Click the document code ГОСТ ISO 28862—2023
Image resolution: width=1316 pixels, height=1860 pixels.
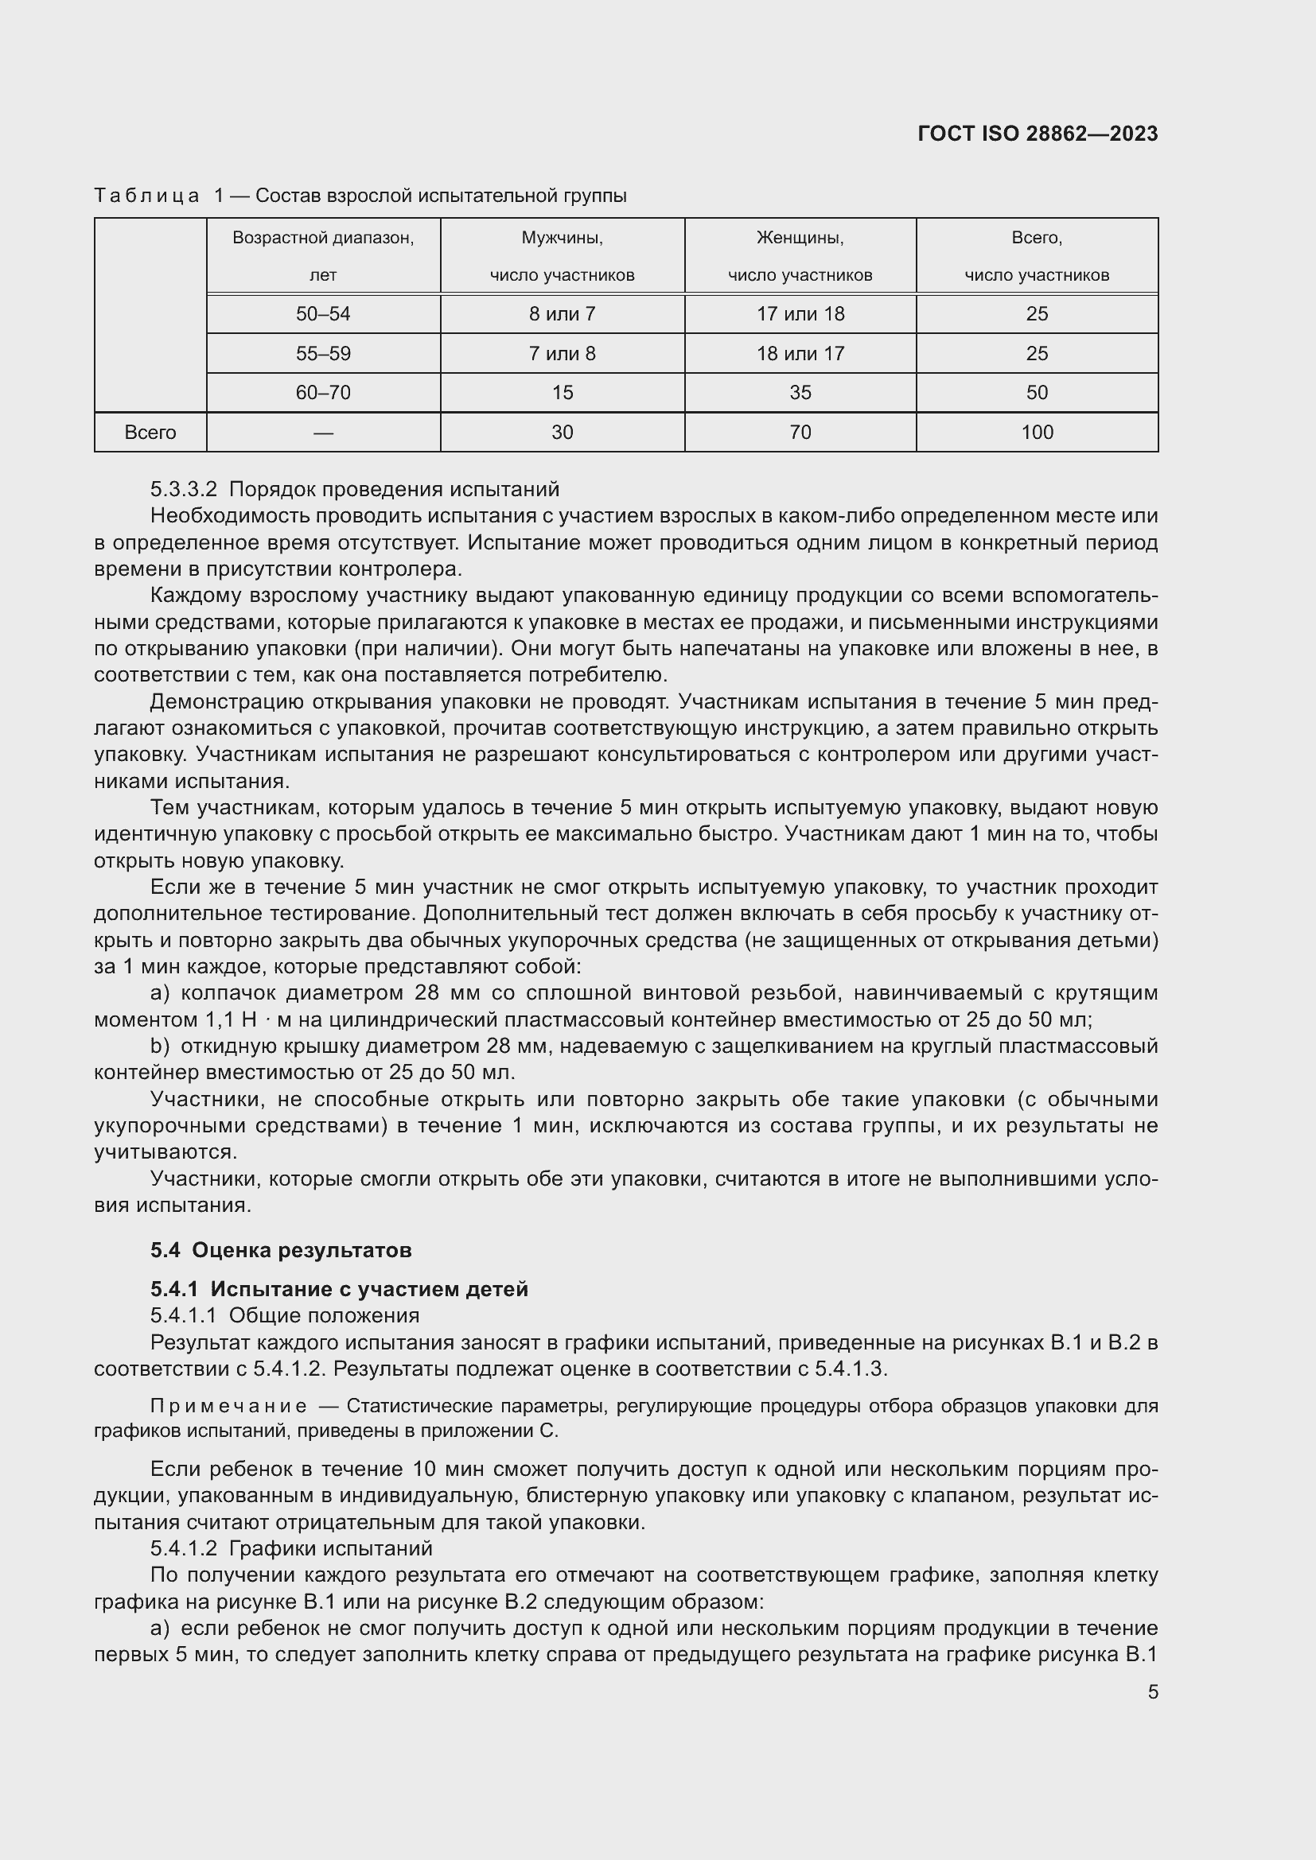1038,134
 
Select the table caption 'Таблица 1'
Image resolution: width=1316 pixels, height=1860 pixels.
146,196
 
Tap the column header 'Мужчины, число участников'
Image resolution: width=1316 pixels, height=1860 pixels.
562,256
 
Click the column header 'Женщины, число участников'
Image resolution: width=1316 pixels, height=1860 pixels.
800,256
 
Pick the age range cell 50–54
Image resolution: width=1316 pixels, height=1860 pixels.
322,314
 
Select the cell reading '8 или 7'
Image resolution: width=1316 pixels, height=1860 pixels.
562,314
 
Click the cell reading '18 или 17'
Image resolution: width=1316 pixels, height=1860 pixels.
800,354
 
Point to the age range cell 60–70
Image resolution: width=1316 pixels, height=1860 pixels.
322,393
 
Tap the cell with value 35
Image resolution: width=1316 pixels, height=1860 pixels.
800,393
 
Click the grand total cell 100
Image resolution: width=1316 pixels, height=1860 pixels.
1037,433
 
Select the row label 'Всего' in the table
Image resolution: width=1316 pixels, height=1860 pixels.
150,433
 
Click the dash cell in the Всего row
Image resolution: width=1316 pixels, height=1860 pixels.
322,433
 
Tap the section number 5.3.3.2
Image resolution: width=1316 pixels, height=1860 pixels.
184,489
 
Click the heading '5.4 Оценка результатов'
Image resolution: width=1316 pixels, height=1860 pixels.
280,1250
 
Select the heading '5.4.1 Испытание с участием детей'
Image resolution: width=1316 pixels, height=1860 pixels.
339,1289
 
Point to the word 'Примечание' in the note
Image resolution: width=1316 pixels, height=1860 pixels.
228,1405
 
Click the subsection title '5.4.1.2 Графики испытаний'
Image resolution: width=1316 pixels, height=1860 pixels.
291,1548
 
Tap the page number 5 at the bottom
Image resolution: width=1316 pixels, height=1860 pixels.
1152,1691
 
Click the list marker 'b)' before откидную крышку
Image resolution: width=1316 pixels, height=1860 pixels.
160,1046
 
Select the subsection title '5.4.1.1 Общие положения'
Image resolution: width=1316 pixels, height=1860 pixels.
284,1314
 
